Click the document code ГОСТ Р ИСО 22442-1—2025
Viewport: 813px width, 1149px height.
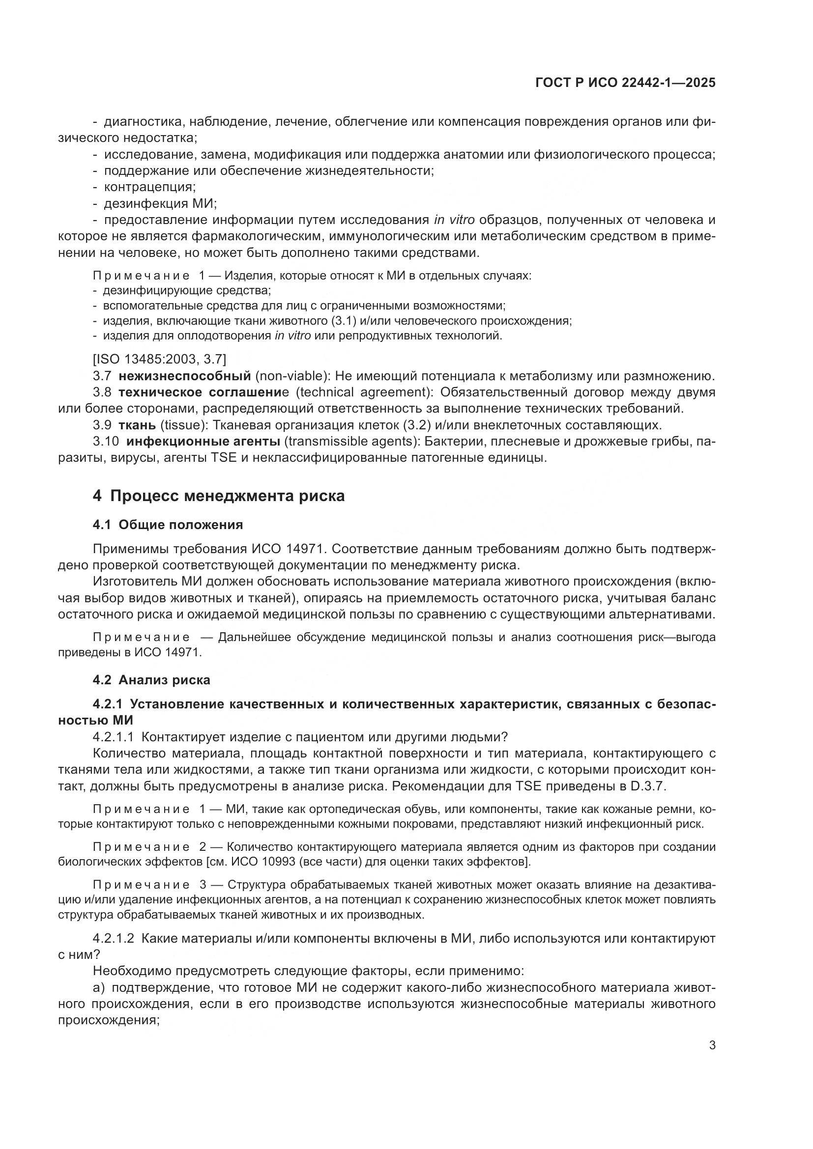point(625,83)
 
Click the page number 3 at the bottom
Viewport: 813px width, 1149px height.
point(712,1045)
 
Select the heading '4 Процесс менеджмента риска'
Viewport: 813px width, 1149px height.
point(219,496)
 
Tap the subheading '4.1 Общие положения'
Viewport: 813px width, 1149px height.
point(168,525)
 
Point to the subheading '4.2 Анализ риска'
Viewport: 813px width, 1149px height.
point(151,679)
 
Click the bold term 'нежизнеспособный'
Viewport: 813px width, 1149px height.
point(185,375)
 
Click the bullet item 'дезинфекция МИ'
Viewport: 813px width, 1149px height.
point(159,204)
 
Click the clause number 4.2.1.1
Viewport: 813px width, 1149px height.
point(113,737)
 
